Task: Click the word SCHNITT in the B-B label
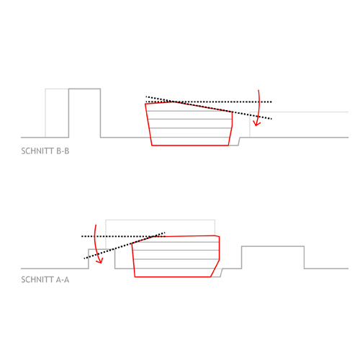coord(37,151)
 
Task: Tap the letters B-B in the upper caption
coord(63,151)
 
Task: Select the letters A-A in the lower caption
coord(63,280)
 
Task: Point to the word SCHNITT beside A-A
coord(37,280)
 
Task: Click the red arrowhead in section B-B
coord(257,123)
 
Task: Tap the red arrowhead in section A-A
coord(99,261)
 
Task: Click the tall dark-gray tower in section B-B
coord(84,113)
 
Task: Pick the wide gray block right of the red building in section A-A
coord(273,257)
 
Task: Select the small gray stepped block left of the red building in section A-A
coord(102,258)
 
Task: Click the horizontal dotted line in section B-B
coord(209,102)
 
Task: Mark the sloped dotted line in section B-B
coord(209,107)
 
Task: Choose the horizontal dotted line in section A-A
coord(123,236)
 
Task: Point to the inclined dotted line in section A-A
coord(125,246)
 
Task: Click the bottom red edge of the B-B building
coord(190,145)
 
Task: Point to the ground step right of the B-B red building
coord(239,142)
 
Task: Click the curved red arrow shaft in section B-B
coord(258,107)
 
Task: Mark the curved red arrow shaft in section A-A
coord(95,243)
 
